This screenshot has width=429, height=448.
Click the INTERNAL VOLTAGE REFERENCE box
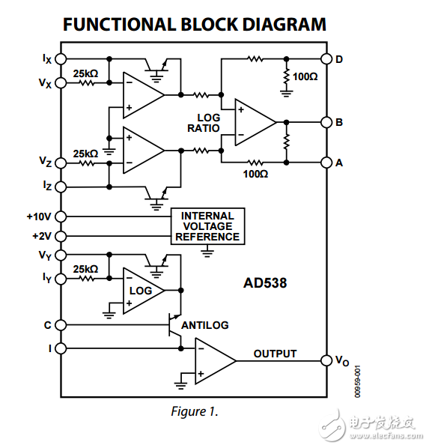[x=207, y=226]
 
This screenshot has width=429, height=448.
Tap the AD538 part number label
[x=265, y=284]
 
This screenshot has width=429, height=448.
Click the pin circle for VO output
[x=326, y=360]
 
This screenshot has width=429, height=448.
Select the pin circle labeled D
[x=326, y=58]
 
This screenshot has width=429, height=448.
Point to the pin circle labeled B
[x=326, y=121]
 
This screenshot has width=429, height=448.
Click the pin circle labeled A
[x=326, y=161]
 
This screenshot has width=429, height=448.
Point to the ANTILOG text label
[x=204, y=325]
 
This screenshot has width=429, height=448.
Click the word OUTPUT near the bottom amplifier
[x=275, y=354]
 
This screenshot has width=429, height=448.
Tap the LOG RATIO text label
[x=208, y=123]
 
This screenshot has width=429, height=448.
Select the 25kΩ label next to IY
[x=85, y=268]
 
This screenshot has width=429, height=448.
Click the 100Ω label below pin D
[x=305, y=76]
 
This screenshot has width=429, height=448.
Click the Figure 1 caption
[x=193, y=411]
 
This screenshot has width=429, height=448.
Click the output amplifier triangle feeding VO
[x=213, y=360]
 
